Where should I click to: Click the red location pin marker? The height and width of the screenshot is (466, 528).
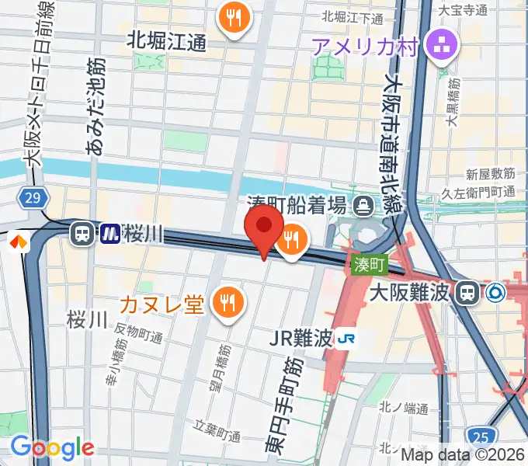264,226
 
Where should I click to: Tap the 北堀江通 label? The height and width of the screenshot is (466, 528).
166,40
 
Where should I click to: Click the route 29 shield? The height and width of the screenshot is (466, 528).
32,199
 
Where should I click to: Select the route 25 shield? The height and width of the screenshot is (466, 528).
480,436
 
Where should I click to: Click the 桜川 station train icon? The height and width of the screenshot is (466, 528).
81,232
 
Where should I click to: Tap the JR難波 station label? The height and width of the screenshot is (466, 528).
301,338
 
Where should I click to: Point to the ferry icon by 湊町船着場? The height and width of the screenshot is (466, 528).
363,205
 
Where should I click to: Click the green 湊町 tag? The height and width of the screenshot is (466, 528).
370,265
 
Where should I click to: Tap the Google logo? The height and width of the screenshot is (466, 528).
52,447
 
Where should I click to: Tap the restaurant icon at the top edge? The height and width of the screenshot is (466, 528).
234,18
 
